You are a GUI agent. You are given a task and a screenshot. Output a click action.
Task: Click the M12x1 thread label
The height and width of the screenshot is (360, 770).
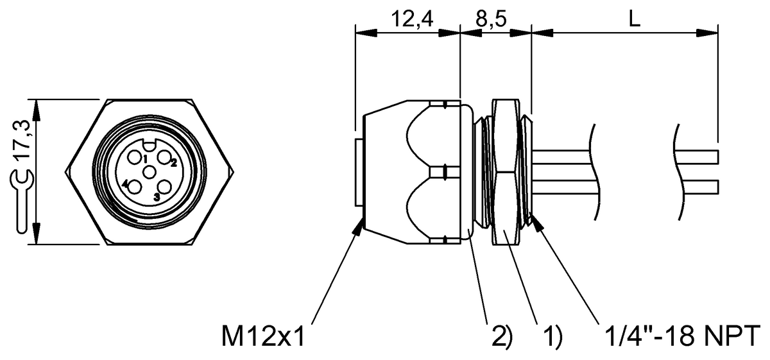pos(263,337)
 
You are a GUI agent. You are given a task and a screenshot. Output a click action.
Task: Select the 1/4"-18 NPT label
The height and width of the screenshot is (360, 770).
pos(682,336)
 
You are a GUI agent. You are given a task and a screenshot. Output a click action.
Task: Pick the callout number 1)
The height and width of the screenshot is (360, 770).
pos(552,336)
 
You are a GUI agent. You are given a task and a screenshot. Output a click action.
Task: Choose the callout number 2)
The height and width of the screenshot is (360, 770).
pos(502,336)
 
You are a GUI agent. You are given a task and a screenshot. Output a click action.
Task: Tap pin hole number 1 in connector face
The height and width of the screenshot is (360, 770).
pos(133,158)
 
